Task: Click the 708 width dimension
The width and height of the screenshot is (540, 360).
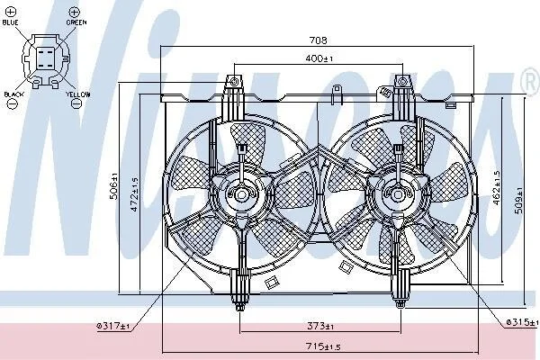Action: tap(318, 40)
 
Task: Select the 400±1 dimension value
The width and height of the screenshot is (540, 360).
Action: tap(319, 58)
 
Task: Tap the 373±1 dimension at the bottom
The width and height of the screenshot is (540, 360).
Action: tap(320, 325)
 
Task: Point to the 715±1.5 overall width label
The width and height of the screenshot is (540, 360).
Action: tap(323, 346)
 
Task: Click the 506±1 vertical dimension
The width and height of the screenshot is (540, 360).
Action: tap(114, 186)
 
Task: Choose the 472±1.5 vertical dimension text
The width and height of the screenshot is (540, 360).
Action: tap(134, 194)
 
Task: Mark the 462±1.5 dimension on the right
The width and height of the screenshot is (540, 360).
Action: tap(497, 188)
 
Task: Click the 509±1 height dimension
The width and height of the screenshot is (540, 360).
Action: tap(518, 200)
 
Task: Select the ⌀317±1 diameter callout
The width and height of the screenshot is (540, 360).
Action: tap(113, 326)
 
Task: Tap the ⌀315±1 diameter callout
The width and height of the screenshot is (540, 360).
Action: tap(522, 322)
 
